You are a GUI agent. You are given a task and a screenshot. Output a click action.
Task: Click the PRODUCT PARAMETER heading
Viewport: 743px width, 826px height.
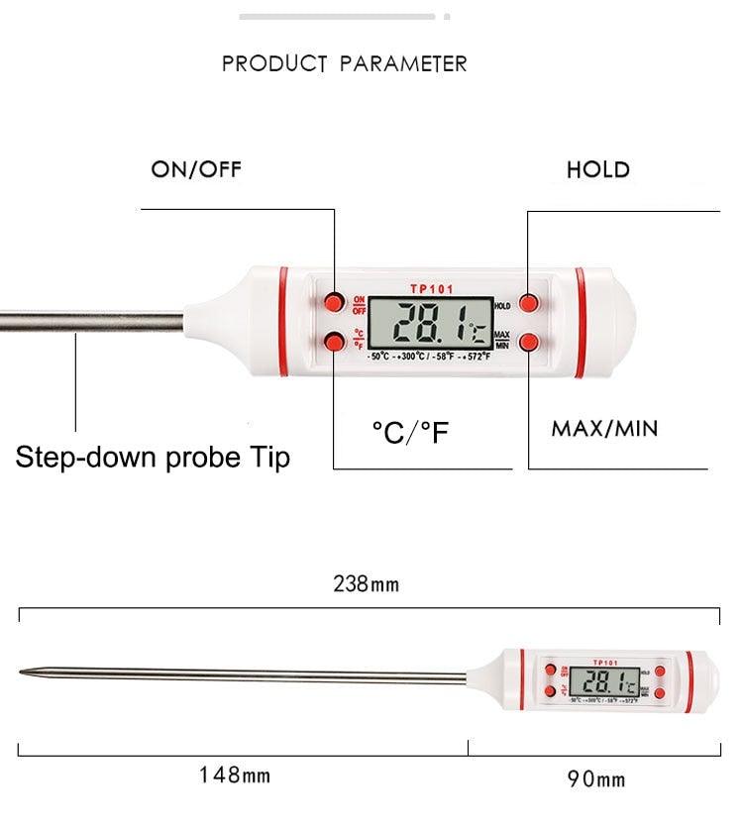tap(344, 64)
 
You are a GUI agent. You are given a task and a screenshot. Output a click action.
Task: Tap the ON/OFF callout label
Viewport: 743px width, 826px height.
tap(196, 169)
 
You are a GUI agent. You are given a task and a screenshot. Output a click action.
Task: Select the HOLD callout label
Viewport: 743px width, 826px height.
tap(597, 169)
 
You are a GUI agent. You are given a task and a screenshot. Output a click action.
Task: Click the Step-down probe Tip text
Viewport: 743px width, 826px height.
tap(153, 458)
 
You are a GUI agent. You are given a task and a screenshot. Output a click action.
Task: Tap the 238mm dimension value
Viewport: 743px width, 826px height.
tap(365, 583)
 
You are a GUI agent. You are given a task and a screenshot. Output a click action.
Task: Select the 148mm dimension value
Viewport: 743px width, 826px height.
tap(236, 774)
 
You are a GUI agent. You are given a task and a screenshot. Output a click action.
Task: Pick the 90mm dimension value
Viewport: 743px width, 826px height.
tap(595, 778)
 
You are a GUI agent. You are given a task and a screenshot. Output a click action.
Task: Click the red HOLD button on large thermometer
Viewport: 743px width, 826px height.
tap(532, 301)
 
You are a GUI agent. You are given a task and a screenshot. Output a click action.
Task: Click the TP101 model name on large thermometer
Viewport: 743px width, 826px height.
tap(431, 289)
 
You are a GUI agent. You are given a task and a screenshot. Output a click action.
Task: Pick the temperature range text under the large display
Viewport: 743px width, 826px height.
tap(430, 356)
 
